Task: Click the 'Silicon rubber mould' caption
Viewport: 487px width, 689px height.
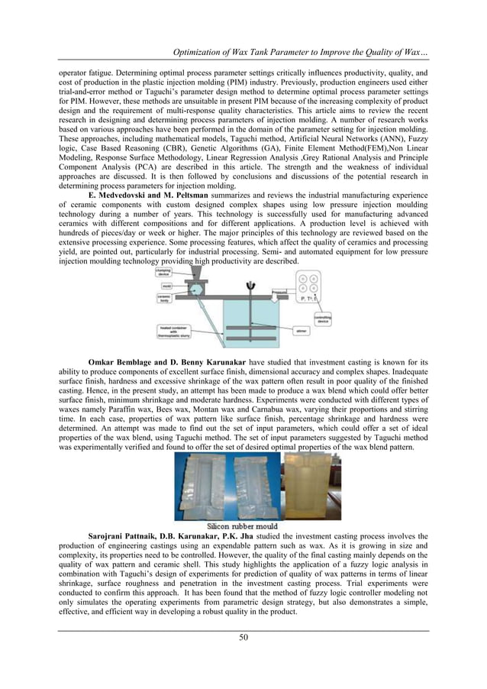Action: pos(243,526)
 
